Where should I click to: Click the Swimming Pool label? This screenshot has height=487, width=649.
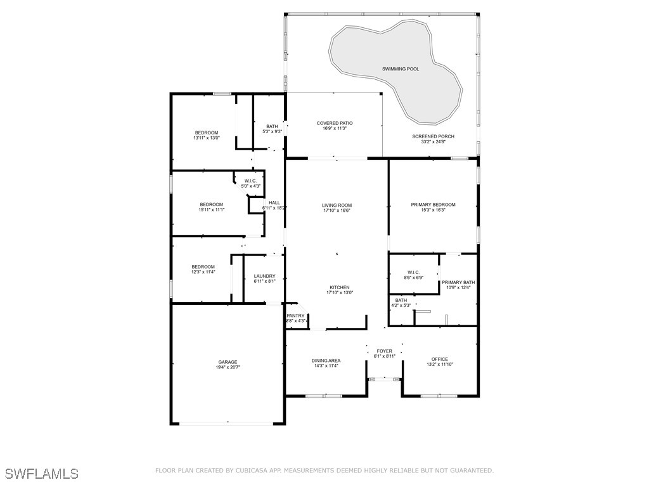point(401,68)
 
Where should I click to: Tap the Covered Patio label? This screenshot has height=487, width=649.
point(335,123)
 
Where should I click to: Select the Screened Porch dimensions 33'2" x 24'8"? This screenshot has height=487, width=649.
point(434,141)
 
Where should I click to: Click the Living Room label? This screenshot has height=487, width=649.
point(337,205)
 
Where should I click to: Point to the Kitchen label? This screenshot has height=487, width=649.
point(340,287)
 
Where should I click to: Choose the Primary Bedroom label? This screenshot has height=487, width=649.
point(433,205)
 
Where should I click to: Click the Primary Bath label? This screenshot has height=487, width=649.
point(458,282)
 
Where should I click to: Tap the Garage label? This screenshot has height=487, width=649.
point(228,362)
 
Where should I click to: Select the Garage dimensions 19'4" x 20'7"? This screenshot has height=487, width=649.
point(228,367)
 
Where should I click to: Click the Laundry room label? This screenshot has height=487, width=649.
point(264,276)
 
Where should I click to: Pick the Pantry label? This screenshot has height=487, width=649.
point(295,316)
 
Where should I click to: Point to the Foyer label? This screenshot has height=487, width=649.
point(384,351)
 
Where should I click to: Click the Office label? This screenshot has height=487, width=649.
point(440,359)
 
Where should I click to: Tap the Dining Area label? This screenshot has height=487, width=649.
point(326,361)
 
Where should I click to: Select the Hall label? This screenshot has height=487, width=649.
point(274,203)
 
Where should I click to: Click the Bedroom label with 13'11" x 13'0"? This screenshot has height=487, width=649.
point(206,133)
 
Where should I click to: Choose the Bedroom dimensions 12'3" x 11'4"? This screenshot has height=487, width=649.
point(203,272)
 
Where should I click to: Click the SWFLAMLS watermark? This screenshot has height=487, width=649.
point(42,473)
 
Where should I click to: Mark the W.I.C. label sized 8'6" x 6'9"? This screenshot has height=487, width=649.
point(413,273)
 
